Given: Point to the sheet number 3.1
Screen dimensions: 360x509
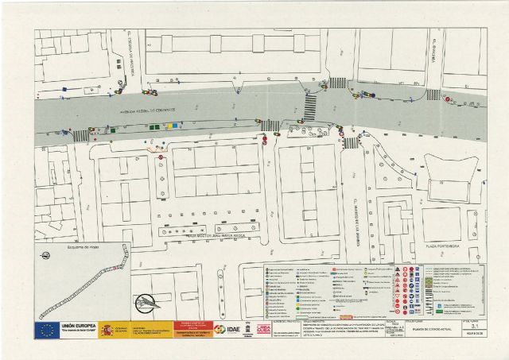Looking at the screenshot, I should pyautogui.click(x=475, y=326).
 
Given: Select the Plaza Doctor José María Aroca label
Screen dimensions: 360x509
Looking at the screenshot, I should pyautogui.click(x=201, y=234).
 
